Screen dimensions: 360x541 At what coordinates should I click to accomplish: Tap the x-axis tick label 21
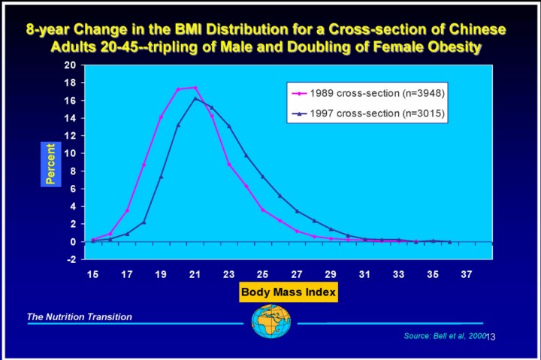(195, 275)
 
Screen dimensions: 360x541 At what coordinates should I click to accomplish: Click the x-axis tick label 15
(92, 275)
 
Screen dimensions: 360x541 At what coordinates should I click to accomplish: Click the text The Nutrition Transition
(80, 317)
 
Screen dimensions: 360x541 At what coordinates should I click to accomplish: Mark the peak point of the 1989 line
(195, 88)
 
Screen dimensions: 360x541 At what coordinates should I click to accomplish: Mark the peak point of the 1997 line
(195, 98)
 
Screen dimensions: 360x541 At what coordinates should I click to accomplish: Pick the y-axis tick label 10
(71, 153)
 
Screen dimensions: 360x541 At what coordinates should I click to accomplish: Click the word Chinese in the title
(473, 30)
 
